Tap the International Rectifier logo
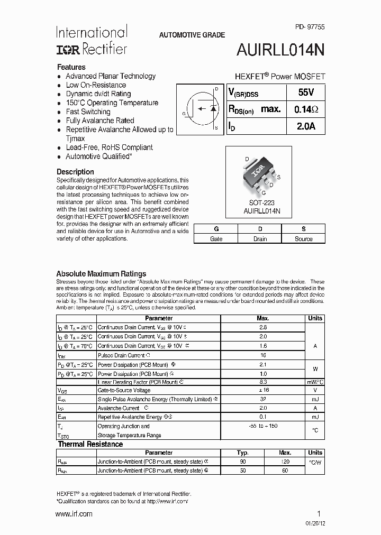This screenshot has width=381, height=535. click(92, 40)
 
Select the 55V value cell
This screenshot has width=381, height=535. click(305, 92)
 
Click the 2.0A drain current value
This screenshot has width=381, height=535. click(305, 126)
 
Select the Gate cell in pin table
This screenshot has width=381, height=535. click(216, 238)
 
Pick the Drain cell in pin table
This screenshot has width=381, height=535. click(260, 238)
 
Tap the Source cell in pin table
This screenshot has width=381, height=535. click(304, 238)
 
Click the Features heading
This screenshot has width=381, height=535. click(71, 67)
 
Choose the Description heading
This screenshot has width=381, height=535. click(75, 172)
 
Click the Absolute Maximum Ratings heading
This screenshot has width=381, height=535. click(101, 274)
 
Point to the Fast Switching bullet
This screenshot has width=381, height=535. click(88, 112)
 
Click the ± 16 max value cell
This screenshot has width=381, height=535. click(263, 390)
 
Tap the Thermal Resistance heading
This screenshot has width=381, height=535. click(90, 444)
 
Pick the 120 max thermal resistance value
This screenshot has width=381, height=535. click(285, 462)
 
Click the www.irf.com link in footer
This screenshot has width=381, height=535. click(74, 514)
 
